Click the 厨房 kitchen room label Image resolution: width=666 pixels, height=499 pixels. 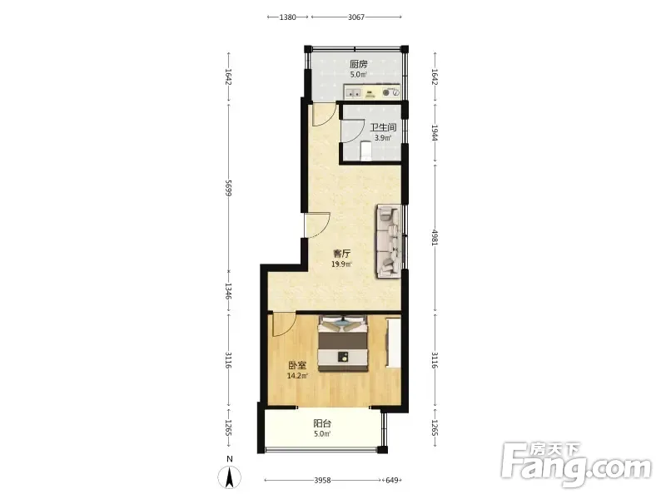(x=359, y=65)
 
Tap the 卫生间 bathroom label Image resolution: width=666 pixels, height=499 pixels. (x=383, y=127)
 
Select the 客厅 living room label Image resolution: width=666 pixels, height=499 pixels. (x=341, y=254)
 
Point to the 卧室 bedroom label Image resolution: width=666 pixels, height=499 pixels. (x=297, y=365)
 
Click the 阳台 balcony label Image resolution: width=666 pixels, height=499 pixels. (x=322, y=423)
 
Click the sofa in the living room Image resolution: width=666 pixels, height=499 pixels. (x=388, y=241)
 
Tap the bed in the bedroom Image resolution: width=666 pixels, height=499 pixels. (x=343, y=343)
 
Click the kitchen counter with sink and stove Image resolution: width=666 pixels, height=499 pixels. (x=371, y=91)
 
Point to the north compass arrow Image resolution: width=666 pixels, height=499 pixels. (x=230, y=477)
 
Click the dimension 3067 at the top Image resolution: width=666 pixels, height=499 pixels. (x=356, y=17)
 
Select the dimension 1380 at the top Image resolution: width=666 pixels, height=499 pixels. (x=287, y=17)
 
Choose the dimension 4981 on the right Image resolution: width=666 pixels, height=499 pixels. (x=435, y=237)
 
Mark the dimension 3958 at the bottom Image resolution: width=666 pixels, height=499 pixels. (x=322, y=481)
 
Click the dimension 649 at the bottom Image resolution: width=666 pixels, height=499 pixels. (x=391, y=481)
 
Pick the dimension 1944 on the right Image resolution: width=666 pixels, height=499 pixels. (x=435, y=133)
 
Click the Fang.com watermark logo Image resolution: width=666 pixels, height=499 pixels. (x=576, y=465)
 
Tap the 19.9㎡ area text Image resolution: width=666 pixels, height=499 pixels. (x=341, y=264)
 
